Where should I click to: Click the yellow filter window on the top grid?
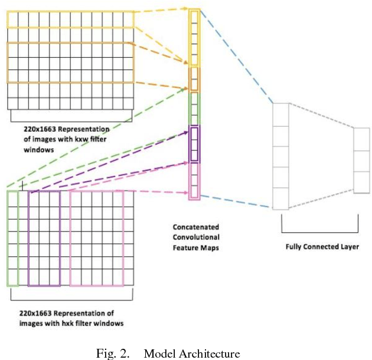(70, 20)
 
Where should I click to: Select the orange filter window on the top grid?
(70, 62)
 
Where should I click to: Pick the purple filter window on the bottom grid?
(44, 238)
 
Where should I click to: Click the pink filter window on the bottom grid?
(96, 238)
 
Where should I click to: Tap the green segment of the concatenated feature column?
(194, 109)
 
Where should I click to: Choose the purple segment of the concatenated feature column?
(194, 144)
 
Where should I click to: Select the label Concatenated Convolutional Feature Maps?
(195, 237)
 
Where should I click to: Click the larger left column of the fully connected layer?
(280, 156)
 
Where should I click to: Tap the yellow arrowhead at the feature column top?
(190, 8)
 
